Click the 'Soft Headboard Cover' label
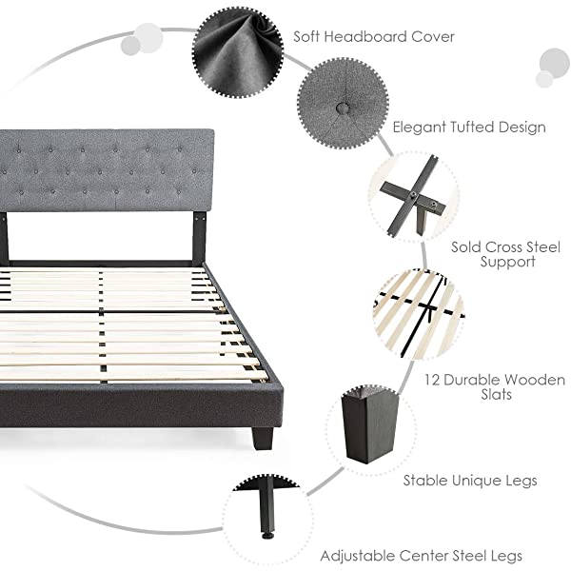373,37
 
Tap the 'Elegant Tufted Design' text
469,127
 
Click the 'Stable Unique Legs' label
469,481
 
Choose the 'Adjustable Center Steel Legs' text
421,555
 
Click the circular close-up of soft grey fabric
238,50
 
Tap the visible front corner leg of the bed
263,437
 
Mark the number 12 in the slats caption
432,380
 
